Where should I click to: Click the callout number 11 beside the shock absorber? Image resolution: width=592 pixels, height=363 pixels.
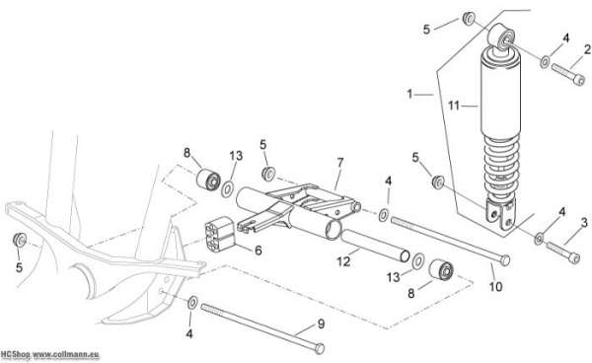pos(454,106)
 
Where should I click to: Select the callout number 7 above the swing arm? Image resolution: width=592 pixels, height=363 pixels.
pos(340,163)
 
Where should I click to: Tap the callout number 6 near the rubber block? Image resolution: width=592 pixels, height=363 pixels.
pos(259,251)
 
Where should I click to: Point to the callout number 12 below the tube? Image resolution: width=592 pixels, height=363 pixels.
pos(343,261)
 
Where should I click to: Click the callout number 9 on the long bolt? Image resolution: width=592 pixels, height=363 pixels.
pos(321,324)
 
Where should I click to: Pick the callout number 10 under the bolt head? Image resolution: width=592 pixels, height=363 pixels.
pos(495,287)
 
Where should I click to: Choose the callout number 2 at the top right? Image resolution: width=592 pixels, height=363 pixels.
pos(587,49)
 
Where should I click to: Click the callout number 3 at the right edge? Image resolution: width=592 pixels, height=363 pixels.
pos(584,223)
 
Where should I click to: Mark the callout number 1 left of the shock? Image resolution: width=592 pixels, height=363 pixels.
pos(410,94)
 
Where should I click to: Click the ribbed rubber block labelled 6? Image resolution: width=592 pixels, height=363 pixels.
pos(220,234)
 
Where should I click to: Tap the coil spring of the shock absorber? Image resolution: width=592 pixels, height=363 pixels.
pos(501,167)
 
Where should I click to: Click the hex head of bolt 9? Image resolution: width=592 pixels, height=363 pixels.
pos(319,348)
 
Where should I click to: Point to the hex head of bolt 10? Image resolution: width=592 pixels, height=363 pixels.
pos(504,260)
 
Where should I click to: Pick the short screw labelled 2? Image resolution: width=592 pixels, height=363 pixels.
pos(568,74)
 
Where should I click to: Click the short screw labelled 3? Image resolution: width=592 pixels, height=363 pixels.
pos(563,253)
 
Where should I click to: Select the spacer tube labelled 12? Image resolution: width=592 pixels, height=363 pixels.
pos(375,246)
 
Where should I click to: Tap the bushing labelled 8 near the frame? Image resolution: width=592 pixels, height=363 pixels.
pos(208,180)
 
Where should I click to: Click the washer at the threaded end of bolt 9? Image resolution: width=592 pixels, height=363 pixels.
pos(192,303)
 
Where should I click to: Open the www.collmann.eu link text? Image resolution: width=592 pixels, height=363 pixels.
pos(65,355)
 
